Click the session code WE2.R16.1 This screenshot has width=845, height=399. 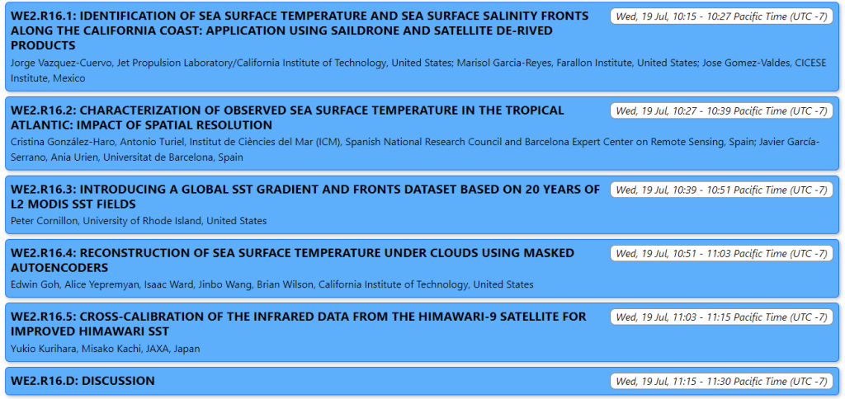pyautogui.click(x=42, y=16)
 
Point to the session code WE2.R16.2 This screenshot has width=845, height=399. pyautogui.click(x=42, y=110)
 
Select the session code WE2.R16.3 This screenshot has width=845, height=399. pyautogui.click(x=42, y=190)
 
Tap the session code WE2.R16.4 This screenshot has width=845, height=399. pyautogui.click(x=42, y=253)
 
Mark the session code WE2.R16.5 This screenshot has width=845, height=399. pyautogui.click(x=42, y=317)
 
